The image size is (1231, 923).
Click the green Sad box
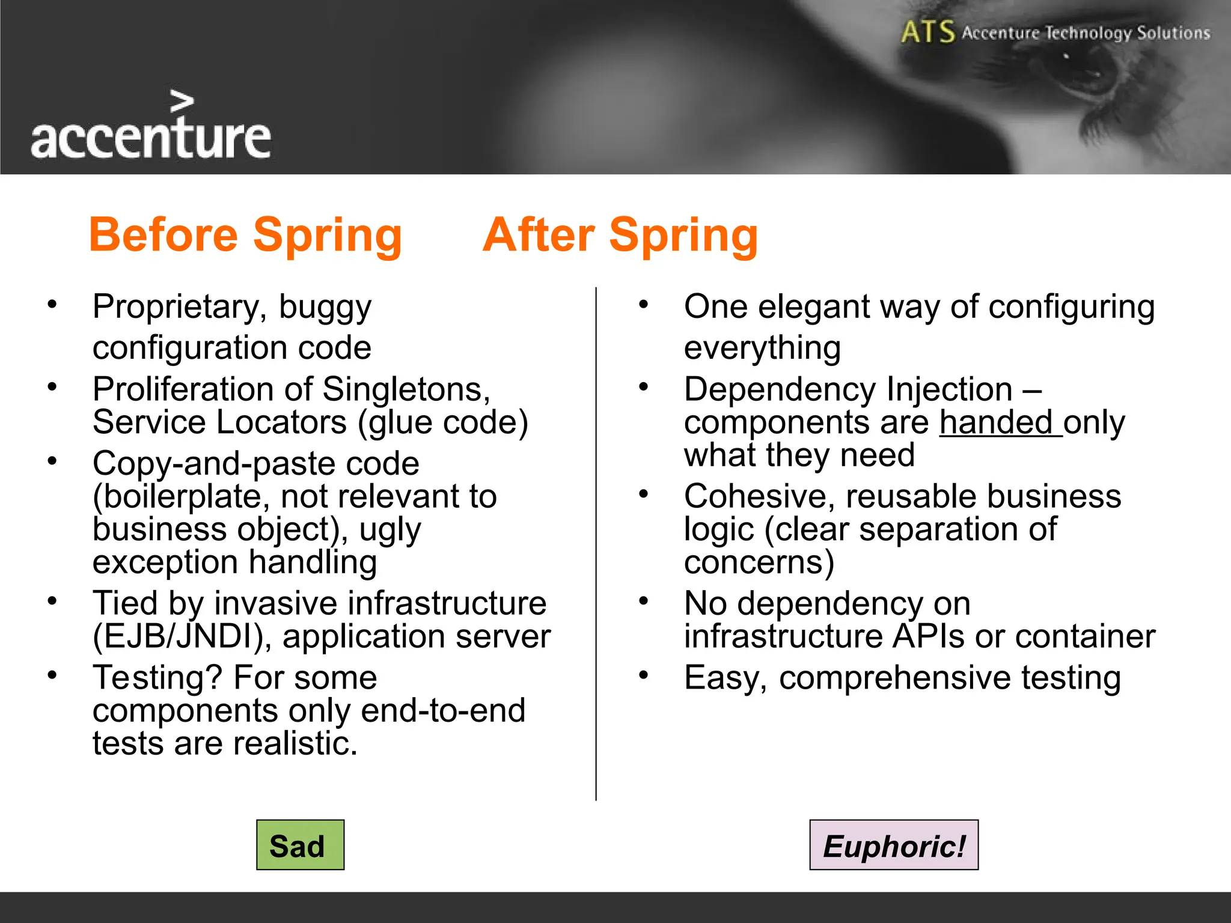(300, 845)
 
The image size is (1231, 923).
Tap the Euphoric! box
(893, 845)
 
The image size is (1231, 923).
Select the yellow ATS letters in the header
(927, 31)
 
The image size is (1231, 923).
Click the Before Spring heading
(245, 235)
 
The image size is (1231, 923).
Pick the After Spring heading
(620, 235)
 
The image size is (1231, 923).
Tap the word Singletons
(406, 389)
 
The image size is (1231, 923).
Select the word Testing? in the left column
(158, 678)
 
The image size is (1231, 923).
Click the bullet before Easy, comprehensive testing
(643, 674)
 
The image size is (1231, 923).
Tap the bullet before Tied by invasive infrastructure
(52, 600)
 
